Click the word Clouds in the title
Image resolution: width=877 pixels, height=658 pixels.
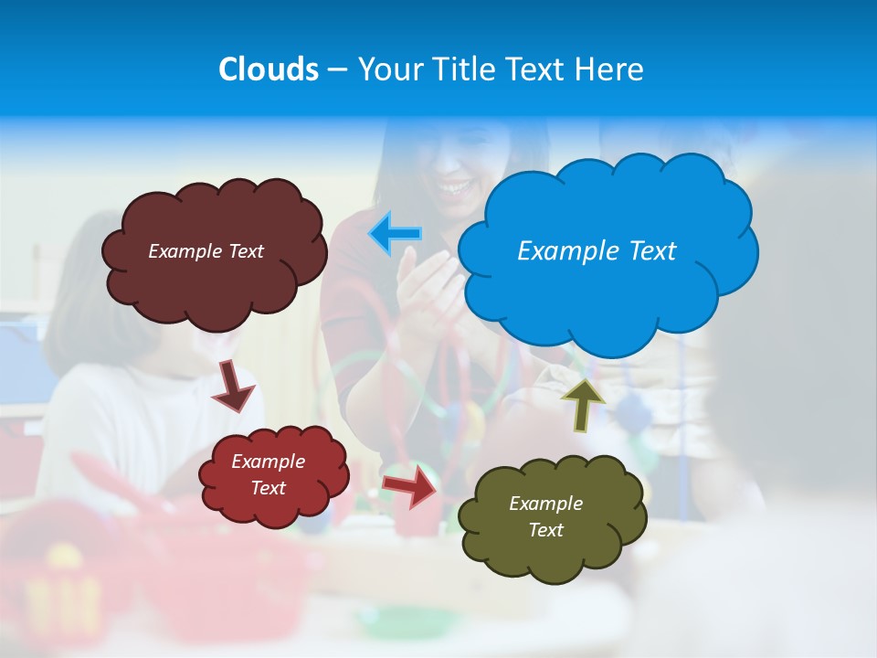pyautogui.click(x=268, y=69)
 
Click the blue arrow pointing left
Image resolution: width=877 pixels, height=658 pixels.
pyautogui.click(x=395, y=234)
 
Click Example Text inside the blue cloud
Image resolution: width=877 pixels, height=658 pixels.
pyautogui.click(x=597, y=250)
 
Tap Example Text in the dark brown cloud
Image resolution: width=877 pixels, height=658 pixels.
pyautogui.click(x=206, y=250)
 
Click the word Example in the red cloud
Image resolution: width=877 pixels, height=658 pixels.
pyautogui.click(x=268, y=462)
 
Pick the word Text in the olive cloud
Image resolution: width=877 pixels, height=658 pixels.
pyautogui.click(x=545, y=530)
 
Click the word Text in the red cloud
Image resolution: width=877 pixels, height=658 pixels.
pyautogui.click(x=268, y=488)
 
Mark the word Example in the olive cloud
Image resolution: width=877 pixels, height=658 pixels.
pyautogui.click(x=545, y=504)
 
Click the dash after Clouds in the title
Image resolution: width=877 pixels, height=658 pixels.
pyautogui.click(x=336, y=70)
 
